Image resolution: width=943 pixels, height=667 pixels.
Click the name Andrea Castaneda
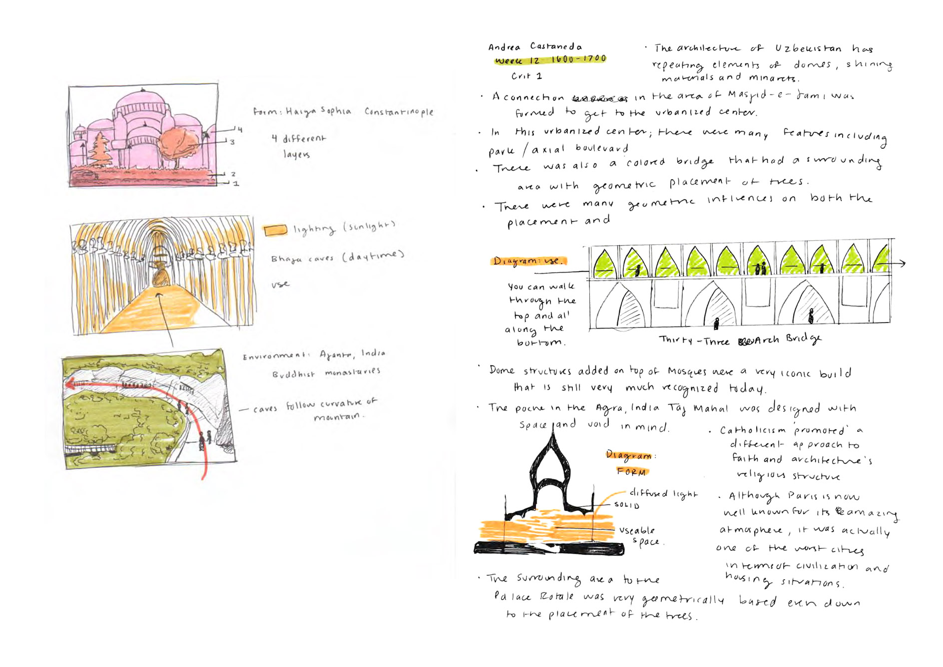[534, 47]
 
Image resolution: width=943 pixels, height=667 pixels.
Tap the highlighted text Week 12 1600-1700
[550, 60]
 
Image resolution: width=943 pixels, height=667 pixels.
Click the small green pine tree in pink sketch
[100, 148]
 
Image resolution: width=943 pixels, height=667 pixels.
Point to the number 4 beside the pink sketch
[240, 130]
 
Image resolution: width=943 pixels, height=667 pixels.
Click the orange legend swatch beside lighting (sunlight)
[275, 230]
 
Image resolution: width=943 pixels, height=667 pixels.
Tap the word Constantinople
[399, 112]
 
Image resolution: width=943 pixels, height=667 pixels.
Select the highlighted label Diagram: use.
[528, 261]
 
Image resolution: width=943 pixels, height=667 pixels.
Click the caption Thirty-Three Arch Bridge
[739, 340]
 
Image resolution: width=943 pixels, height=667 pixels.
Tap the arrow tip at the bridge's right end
[904, 263]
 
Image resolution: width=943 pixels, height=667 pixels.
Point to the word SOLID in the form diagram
[626, 505]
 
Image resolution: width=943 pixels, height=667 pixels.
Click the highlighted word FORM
[631, 472]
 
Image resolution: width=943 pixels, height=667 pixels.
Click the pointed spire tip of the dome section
[553, 432]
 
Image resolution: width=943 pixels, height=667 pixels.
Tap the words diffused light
[663, 494]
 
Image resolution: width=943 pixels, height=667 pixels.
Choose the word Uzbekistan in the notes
[808, 48]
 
